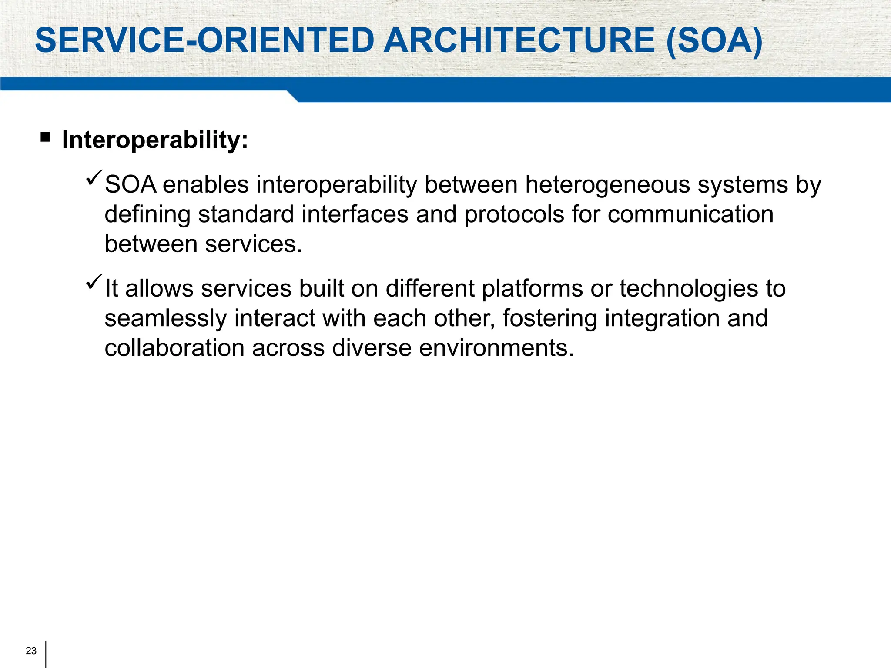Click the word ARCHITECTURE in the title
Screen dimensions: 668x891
click(519, 40)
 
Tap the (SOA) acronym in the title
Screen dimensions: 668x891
click(714, 40)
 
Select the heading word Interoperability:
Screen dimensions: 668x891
click(155, 140)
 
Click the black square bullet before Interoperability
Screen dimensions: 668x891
click(45, 138)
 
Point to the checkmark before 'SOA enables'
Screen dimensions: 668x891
click(94, 178)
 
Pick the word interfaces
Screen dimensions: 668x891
click(355, 214)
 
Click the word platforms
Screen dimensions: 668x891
click(532, 289)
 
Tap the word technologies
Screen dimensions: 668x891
click(689, 289)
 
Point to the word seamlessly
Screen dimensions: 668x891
click(165, 318)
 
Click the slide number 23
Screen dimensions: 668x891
click(31, 651)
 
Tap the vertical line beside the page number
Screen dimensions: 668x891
click(46, 654)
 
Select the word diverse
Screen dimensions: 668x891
click(372, 348)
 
